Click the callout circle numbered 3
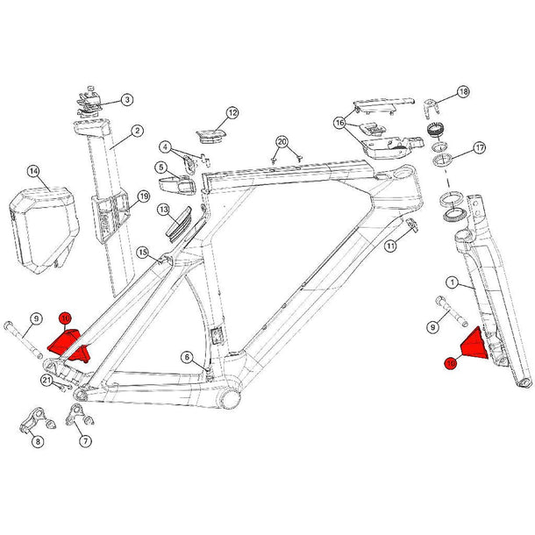127,100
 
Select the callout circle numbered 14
33,171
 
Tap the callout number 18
463,92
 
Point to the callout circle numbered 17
480,147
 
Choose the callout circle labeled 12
232,113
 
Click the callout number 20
282,141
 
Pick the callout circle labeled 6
186,356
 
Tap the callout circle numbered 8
38,441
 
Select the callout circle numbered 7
85,441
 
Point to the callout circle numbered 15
142,253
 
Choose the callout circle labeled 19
144,197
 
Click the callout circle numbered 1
453,282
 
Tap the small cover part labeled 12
209,134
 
